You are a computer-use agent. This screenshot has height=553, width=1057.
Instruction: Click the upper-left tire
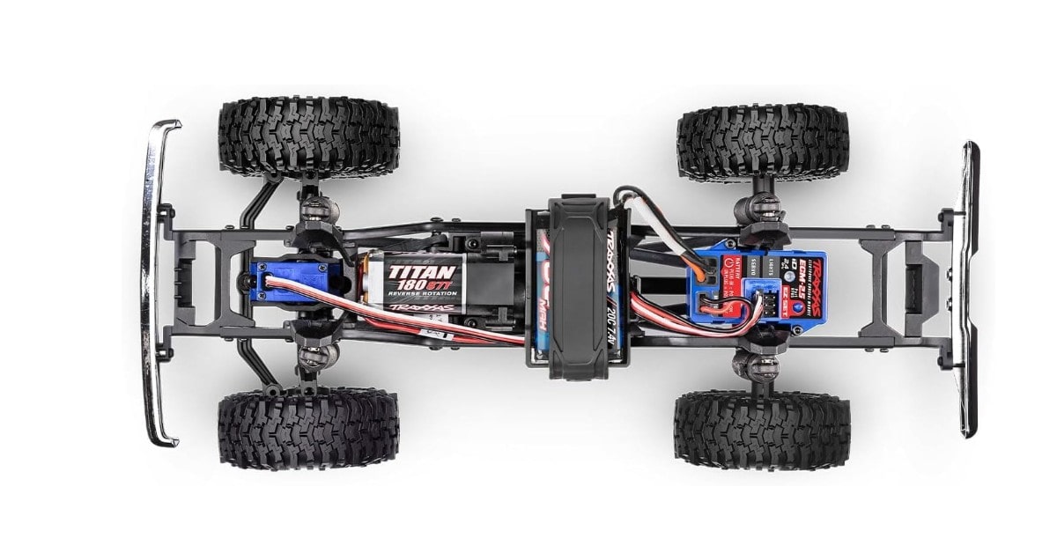tap(308, 136)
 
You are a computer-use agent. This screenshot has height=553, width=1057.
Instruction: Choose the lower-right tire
tap(762, 430)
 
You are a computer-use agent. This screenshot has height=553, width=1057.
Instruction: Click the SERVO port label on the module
tap(753, 266)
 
